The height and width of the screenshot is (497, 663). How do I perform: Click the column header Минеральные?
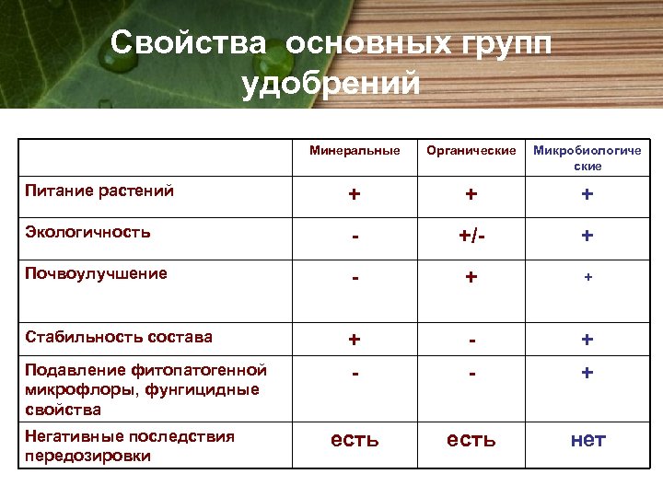355,150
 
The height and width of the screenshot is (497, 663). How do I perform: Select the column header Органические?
471,150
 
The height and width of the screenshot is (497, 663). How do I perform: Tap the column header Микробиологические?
587,158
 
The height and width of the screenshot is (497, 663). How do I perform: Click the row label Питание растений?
99,191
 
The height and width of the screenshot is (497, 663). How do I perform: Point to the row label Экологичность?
87,232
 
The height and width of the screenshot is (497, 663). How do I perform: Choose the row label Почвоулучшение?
96,273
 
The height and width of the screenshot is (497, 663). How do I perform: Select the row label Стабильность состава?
119,337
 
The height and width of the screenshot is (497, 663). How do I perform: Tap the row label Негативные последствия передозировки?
130,445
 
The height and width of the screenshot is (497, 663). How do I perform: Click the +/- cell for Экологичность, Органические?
471,237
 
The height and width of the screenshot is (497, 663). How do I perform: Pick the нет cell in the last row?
587,440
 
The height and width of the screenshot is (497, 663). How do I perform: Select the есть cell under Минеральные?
355,440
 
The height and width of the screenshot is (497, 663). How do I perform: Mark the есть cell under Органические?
471,440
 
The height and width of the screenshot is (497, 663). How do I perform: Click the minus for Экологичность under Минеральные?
355,237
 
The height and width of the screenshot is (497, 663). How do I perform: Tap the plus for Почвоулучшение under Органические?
471,277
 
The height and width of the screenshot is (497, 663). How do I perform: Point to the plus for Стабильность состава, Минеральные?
355,340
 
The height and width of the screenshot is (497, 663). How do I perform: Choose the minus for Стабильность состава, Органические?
471,340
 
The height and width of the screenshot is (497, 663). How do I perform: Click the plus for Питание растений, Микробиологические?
587,195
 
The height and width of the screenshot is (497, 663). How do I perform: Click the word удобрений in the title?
331,84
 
